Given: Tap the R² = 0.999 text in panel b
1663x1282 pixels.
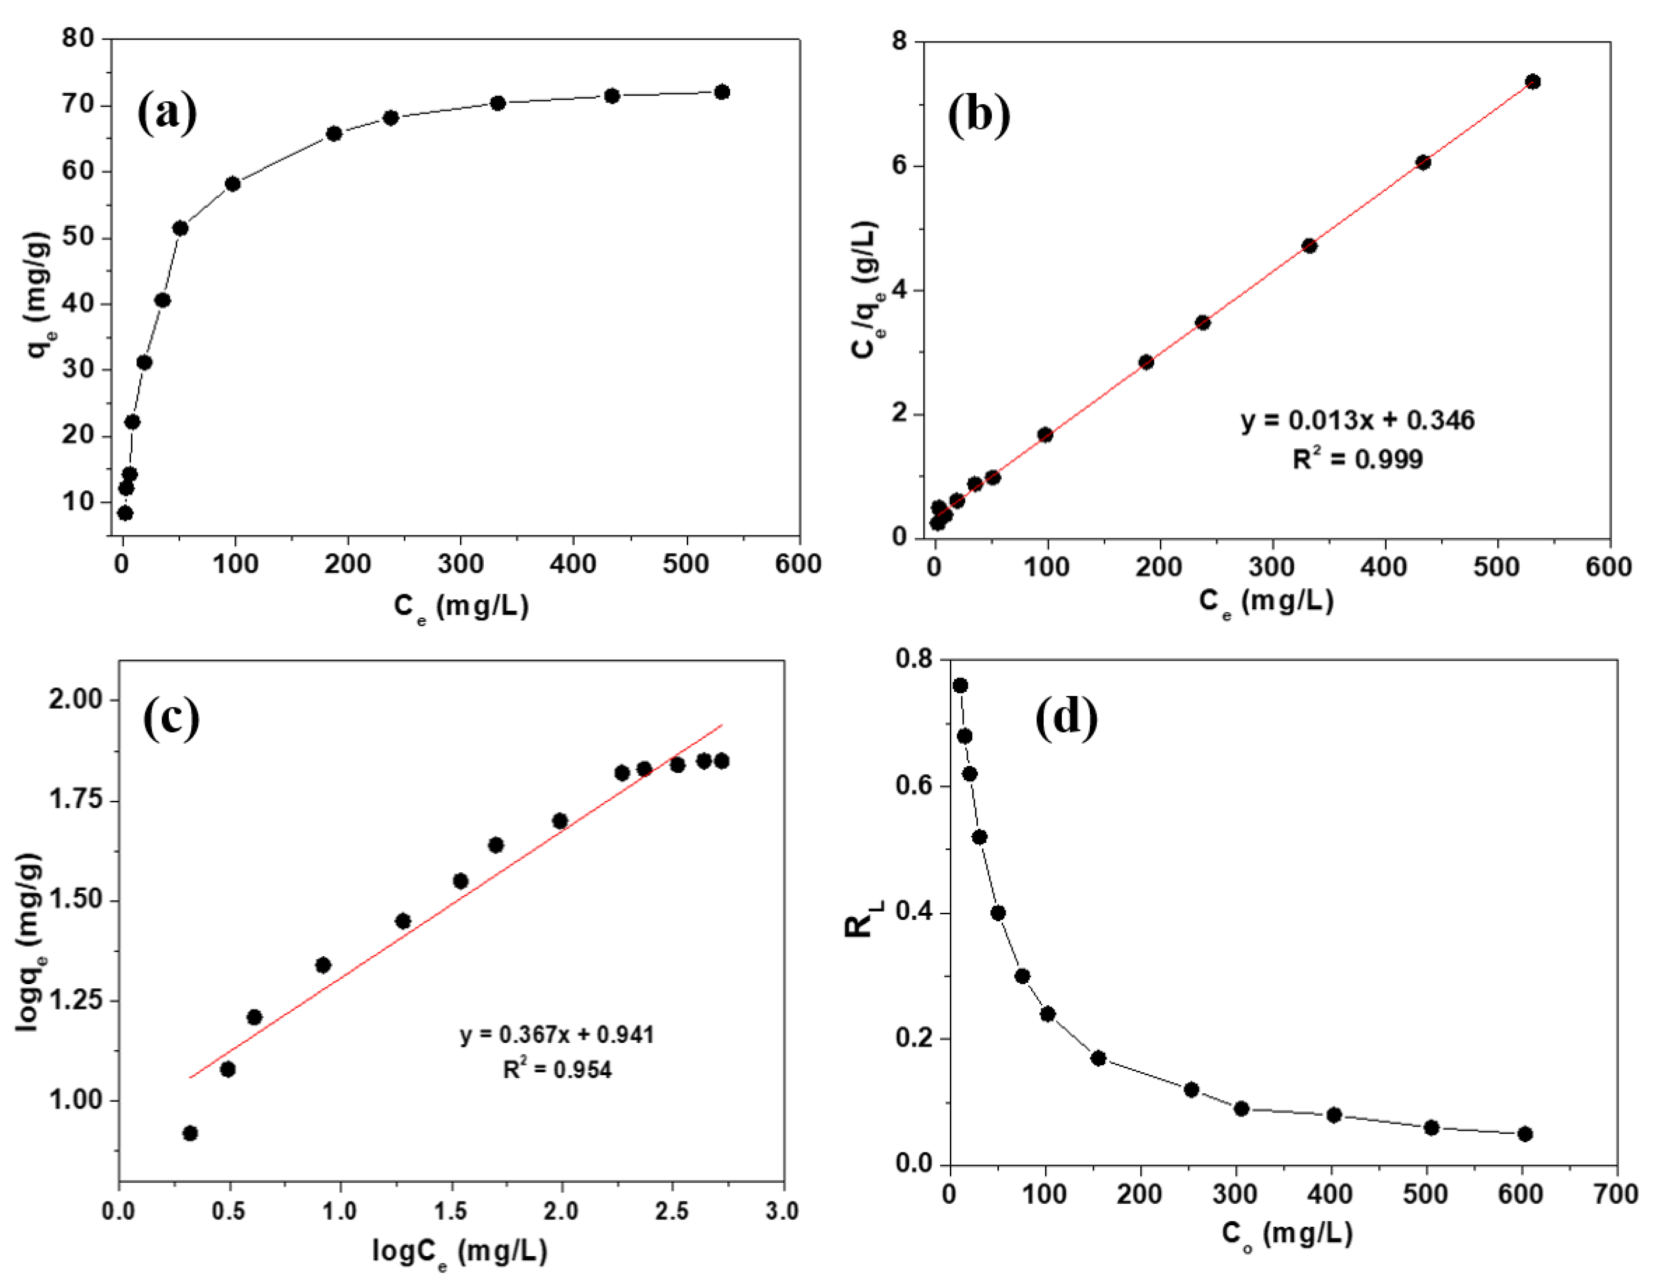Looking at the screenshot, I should [x=1358, y=459].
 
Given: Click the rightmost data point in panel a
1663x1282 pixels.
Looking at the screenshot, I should [x=722, y=92].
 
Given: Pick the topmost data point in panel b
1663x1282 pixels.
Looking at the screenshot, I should [x=1533, y=82].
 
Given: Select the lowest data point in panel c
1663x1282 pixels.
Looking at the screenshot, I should [x=190, y=1133].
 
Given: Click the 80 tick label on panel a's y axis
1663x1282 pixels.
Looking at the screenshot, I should [x=78, y=38].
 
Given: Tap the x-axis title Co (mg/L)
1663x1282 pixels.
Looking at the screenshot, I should [x=1287, y=1233].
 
